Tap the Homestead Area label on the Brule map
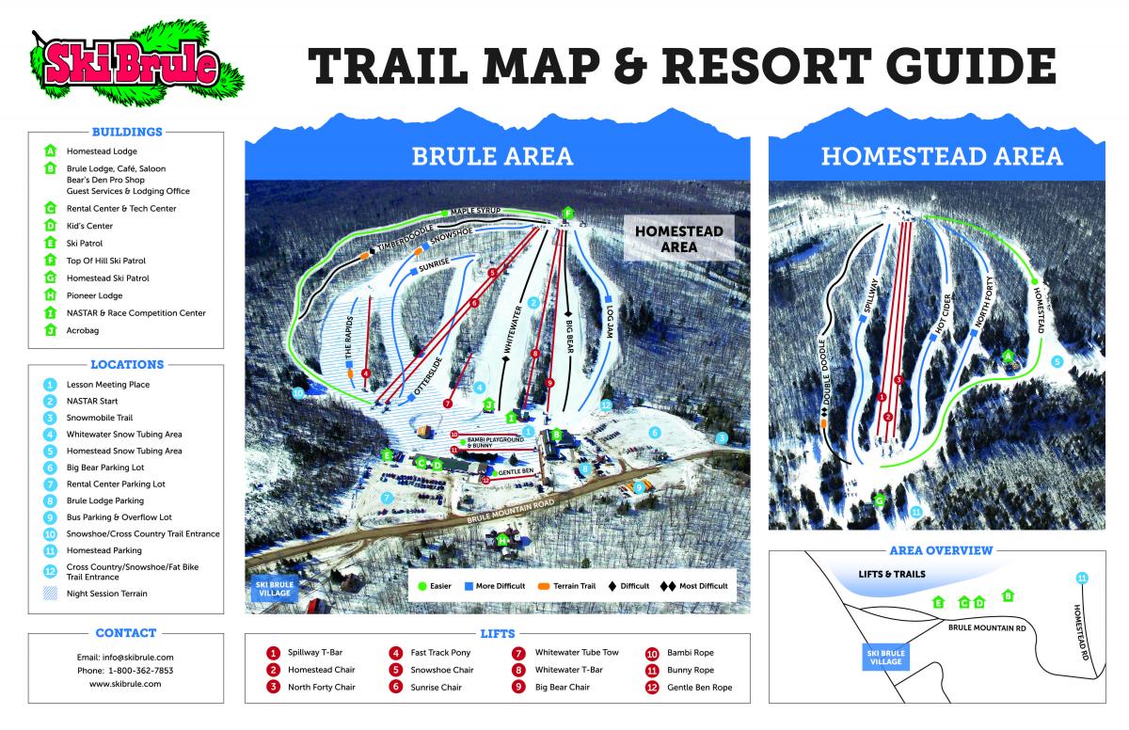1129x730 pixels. click(677, 239)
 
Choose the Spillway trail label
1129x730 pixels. click(871, 300)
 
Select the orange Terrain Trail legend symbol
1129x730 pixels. click(544, 585)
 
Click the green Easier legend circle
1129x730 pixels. click(422, 585)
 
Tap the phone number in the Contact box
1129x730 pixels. click(125, 671)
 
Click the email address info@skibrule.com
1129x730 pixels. click(125, 657)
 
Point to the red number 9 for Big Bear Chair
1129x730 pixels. click(517, 688)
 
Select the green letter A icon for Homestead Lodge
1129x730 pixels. click(50, 151)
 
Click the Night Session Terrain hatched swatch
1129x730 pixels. click(50, 594)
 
